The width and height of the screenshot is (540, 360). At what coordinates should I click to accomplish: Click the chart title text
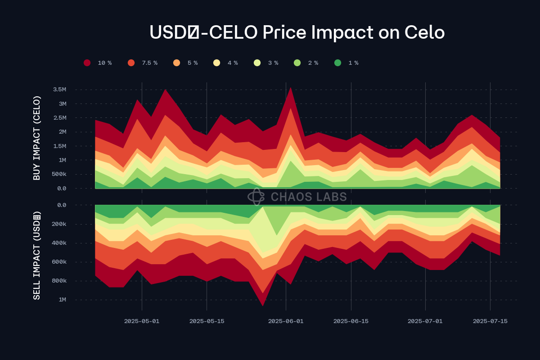297,32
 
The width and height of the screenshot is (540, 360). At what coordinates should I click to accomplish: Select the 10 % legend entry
98,63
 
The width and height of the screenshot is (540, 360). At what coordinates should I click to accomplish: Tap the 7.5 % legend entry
143,63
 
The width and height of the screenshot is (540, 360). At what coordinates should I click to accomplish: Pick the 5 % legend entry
186,63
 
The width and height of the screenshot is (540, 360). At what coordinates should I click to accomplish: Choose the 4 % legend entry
226,63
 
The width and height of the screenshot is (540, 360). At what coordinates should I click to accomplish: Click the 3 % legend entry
266,63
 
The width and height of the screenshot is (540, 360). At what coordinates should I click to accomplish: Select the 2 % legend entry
306,63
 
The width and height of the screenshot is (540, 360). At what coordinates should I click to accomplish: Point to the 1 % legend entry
347,63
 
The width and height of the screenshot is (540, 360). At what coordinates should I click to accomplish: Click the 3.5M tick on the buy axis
59,90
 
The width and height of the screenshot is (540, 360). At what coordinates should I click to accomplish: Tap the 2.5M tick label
59,118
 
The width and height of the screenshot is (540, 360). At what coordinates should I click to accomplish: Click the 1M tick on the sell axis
62,300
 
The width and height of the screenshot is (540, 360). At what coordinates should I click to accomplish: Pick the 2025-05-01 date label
142,321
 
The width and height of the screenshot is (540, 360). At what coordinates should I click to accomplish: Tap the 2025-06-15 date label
351,321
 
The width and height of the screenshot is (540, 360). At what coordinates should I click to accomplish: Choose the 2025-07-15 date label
490,321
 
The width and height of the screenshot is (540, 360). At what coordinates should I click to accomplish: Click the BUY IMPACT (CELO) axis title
37,138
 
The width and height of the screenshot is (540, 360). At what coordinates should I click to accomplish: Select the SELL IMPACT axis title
37,255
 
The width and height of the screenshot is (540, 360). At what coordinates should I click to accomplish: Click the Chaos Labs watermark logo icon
256,197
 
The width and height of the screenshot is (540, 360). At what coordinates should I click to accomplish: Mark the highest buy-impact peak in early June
291,88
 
